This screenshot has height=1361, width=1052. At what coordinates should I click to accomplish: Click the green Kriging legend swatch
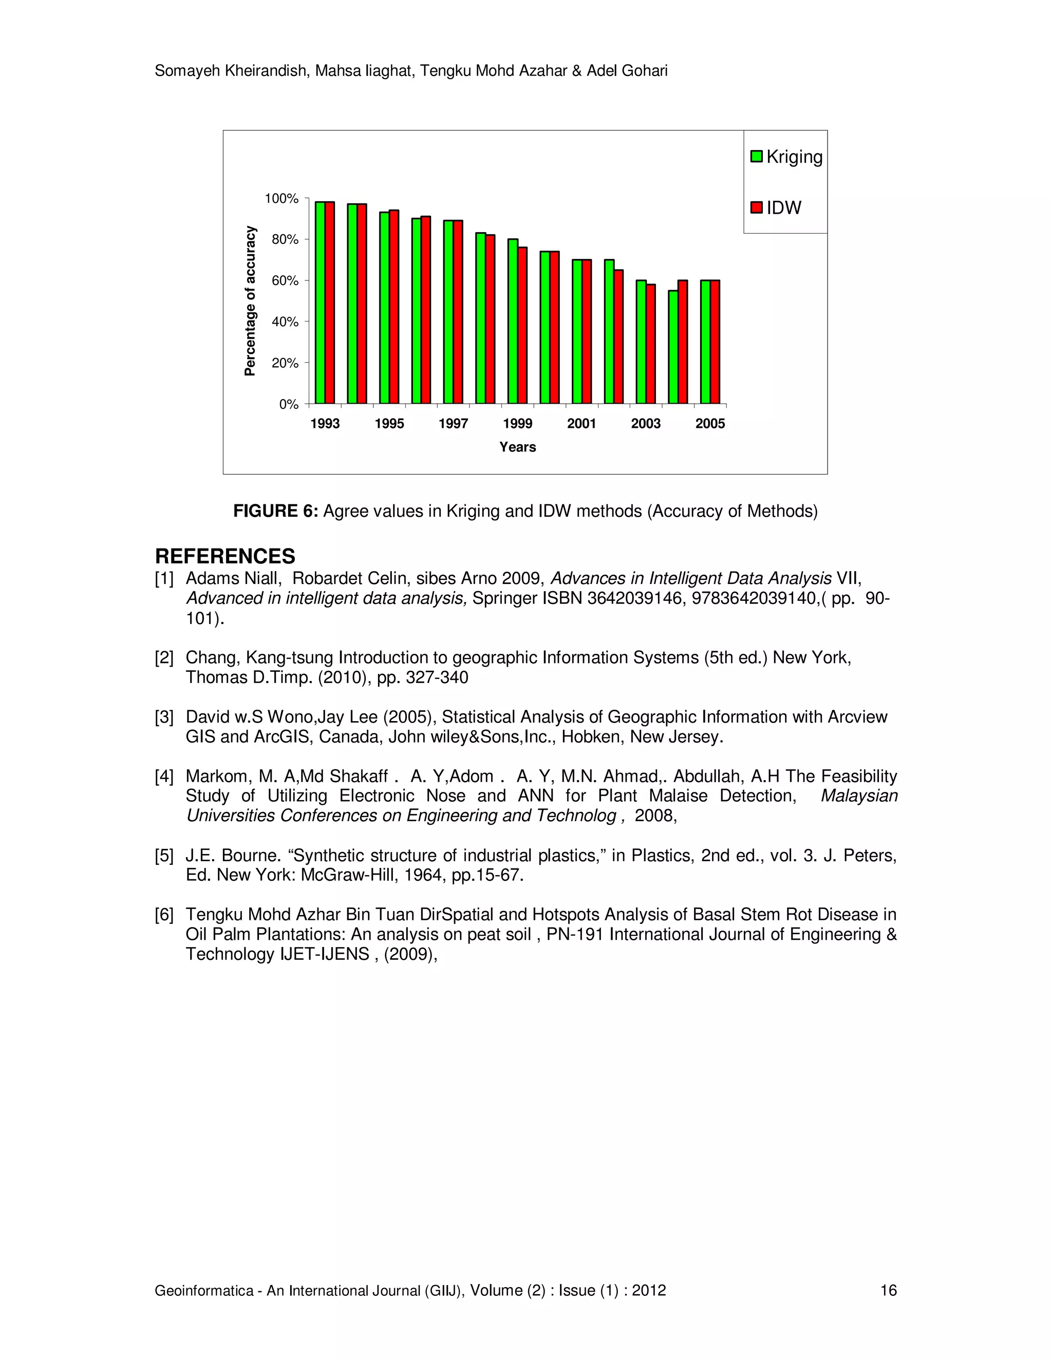tap(757, 157)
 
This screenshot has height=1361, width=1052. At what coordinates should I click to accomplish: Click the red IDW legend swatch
tap(757, 207)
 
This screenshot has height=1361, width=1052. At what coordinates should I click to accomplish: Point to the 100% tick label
tap(281, 199)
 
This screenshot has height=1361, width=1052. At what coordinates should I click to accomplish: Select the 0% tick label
tap(289, 404)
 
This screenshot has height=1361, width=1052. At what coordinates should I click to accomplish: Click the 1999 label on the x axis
tap(517, 424)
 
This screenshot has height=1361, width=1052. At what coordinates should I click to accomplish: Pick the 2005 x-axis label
tap(710, 424)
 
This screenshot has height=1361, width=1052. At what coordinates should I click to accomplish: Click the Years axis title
tap(517, 447)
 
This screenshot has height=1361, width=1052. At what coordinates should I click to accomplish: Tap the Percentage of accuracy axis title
tap(250, 301)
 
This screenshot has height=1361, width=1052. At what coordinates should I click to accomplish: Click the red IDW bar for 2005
tap(715, 342)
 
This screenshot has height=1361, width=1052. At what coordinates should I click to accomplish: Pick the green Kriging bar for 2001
tap(576, 332)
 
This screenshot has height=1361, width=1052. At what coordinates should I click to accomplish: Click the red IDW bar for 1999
tap(522, 325)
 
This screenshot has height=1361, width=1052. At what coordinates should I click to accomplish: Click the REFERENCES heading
tap(225, 556)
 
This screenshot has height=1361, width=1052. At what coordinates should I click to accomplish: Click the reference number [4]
tap(164, 777)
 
